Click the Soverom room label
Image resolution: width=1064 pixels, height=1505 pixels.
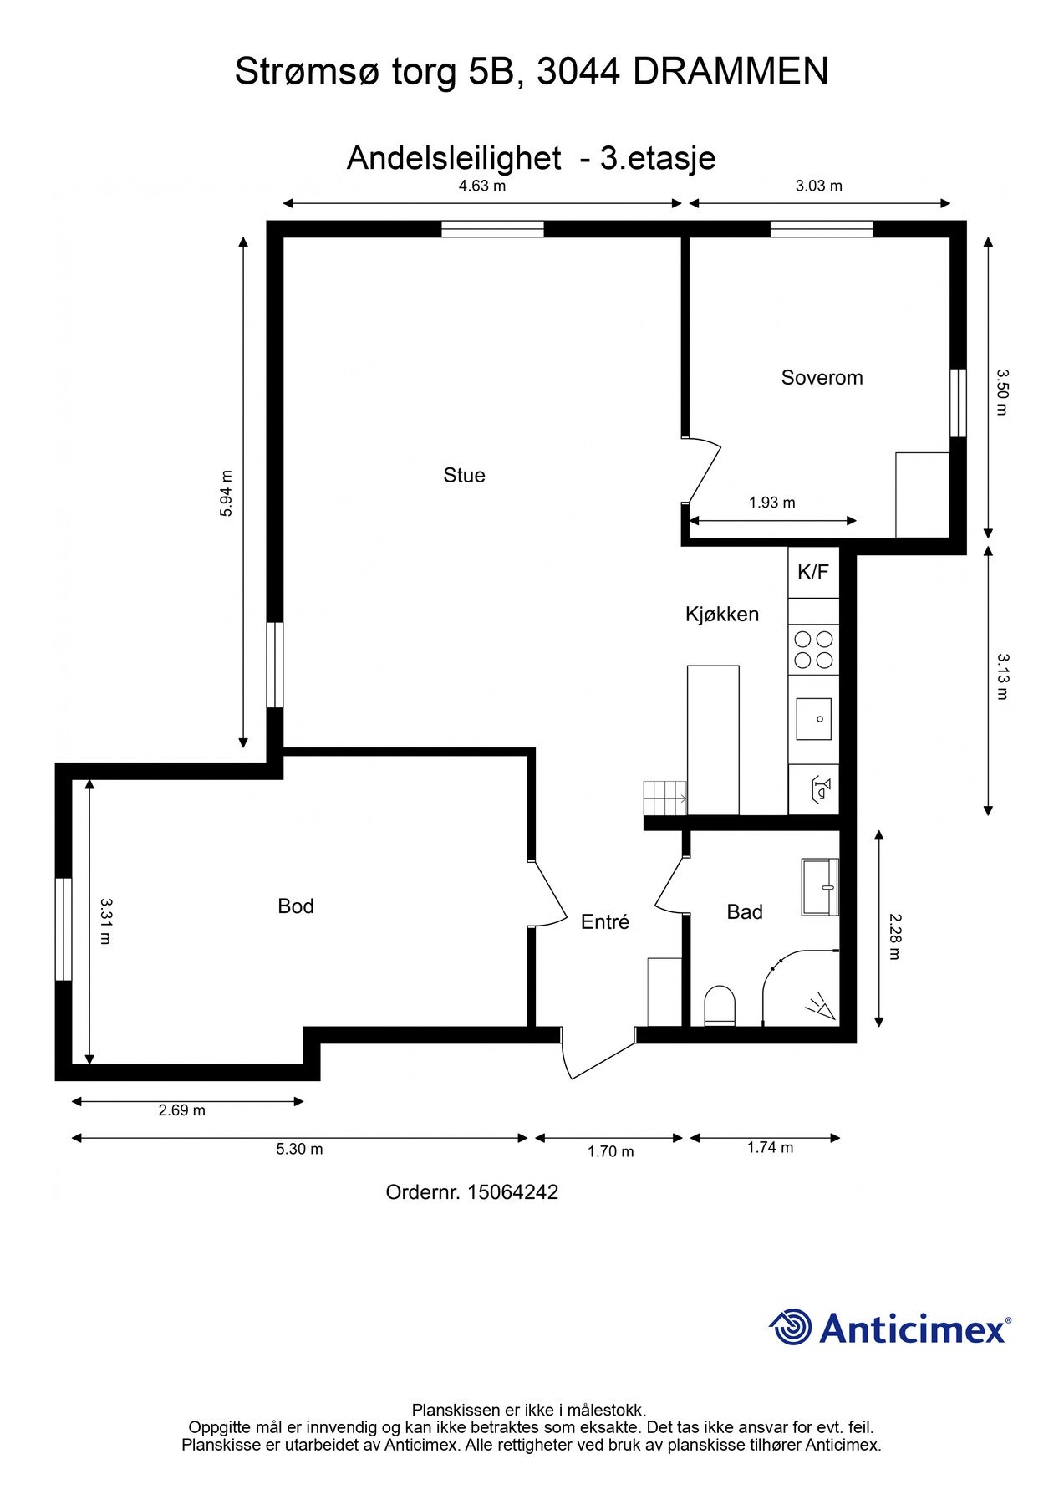pyautogui.click(x=822, y=377)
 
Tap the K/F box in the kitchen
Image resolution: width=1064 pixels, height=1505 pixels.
pyautogui.click(x=812, y=572)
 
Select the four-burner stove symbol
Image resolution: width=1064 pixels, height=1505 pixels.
pyautogui.click(x=813, y=650)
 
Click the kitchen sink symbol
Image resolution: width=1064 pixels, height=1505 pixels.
pyautogui.click(x=813, y=719)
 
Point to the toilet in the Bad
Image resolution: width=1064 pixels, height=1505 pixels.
pyautogui.click(x=720, y=1005)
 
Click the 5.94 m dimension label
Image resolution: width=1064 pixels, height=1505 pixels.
pyautogui.click(x=227, y=493)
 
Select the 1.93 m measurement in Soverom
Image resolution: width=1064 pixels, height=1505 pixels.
pyautogui.click(x=771, y=503)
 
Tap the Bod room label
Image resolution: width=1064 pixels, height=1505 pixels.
pyautogui.click(x=296, y=906)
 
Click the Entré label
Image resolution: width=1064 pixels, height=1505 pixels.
pyautogui.click(x=605, y=921)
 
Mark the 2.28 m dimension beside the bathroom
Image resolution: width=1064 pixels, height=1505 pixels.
pyautogui.click(x=893, y=936)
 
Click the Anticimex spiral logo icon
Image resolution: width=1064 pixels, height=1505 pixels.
pyautogui.click(x=791, y=1328)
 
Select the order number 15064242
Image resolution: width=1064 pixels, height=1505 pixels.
pyautogui.click(x=512, y=1192)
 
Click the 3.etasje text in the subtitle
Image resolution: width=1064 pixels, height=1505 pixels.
pyautogui.click(x=657, y=158)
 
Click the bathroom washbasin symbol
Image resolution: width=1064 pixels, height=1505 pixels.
pyautogui.click(x=820, y=886)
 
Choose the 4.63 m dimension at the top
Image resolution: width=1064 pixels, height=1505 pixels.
pyautogui.click(x=482, y=186)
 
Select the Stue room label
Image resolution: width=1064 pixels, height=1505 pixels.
pyautogui.click(x=464, y=475)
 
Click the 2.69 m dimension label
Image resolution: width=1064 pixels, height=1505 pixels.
pyautogui.click(x=182, y=1110)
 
